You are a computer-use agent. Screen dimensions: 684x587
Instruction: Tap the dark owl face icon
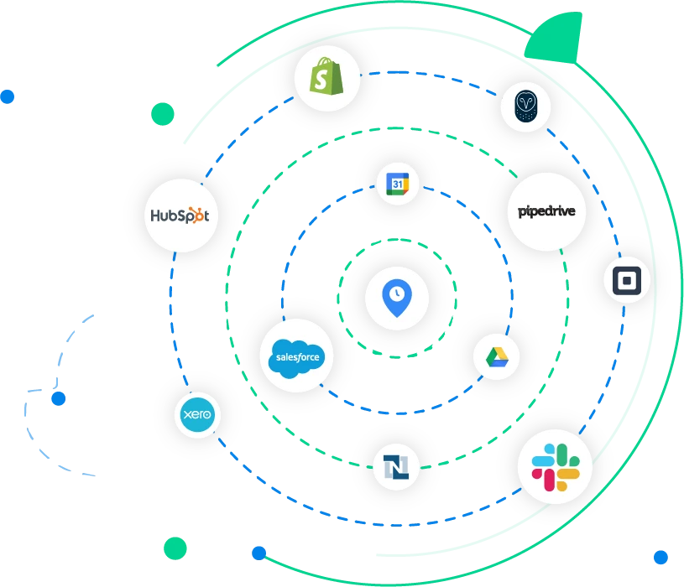coord(525,106)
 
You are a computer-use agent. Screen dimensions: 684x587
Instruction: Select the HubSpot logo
coord(180,216)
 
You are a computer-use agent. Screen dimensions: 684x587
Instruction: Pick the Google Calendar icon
coord(398,184)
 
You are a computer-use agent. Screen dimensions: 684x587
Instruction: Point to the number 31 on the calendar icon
coord(397,184)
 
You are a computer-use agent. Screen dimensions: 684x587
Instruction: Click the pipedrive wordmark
coord(546,211)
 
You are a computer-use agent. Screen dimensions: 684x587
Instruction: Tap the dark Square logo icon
coord(627,281)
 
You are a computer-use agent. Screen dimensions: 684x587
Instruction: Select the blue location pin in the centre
coord(397,298)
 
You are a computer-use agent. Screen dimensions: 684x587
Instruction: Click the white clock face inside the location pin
coord(397,293)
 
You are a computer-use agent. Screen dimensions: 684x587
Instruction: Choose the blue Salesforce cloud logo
coord(296,358)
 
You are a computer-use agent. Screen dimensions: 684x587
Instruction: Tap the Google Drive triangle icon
coord(497,357)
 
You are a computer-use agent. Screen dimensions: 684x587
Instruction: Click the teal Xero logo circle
coord(197,414)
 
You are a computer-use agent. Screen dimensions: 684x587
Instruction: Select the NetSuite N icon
coord(396,467)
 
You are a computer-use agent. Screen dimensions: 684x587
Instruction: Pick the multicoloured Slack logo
coord(556,467)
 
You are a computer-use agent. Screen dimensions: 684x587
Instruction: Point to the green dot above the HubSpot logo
coord(163,114)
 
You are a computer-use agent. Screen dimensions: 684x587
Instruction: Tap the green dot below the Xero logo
coord(175,548)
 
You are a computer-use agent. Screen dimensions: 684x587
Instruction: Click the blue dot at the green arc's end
coord(259,553)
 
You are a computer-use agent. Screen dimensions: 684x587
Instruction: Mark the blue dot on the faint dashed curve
coord(59,398)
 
